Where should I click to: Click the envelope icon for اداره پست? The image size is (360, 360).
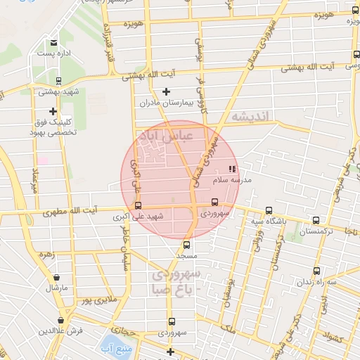click(53, 43)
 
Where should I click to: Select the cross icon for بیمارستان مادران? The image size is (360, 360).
click(166, 91)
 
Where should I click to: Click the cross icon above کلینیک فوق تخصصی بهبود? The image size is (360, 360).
click(53, 111)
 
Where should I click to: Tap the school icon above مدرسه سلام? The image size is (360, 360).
click(233, 169)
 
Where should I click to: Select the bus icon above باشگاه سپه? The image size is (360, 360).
click(268, 210)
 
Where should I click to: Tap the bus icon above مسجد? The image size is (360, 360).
click(186, 245)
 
